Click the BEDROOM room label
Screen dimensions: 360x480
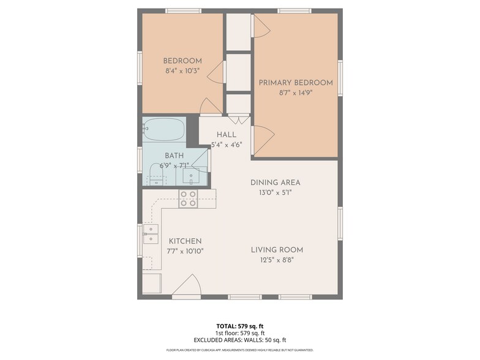point(182,61)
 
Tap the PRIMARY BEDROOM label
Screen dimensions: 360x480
point(296,83)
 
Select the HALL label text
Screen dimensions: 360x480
point(227,135)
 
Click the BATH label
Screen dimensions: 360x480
point(174,156)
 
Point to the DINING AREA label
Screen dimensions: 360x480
point(275,182)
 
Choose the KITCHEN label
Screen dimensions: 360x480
point(186,241)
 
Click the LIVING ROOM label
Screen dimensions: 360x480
point(277,250)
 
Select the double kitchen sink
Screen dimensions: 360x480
point(151,234)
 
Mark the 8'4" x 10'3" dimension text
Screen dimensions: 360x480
point(182,71)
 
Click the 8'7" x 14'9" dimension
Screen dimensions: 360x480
point(296,94)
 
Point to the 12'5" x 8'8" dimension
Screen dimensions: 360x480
point(277,260)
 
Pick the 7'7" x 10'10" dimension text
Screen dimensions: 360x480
point(186,252)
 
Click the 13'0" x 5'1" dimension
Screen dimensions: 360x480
point(275,193)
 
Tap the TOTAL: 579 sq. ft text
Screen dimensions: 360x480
point(240,326)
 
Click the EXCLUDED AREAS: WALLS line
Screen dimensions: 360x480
point(240,340)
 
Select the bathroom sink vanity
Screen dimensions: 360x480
point(191,176)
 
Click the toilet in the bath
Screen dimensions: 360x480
point(157,178)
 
